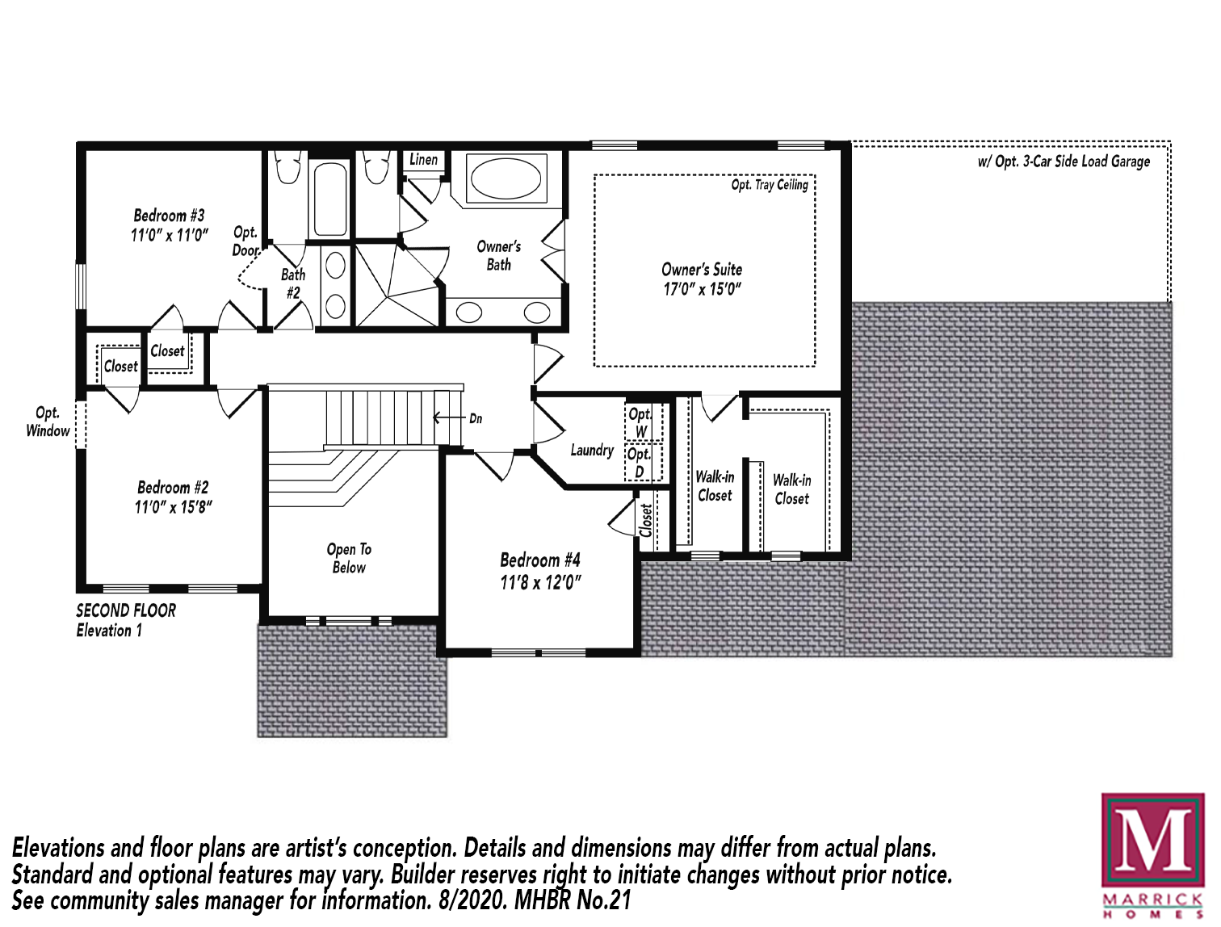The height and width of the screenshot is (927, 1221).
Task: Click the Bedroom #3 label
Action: click(169, 216)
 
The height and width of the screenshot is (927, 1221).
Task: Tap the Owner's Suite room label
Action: click(702, 270)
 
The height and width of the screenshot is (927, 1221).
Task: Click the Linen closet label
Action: click(423, 160)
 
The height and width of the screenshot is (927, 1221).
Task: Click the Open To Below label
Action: click(349, 558)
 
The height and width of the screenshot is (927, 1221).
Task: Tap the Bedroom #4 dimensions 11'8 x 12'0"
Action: click(540, 583)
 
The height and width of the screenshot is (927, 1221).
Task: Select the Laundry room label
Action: click(592, 450)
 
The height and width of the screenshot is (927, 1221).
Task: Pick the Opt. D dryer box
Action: click(644, 462)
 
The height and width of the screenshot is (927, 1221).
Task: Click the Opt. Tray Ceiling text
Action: click(770, 185)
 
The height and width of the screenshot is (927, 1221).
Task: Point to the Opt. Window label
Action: click(48, 422)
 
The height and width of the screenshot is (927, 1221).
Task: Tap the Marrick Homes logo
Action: click(1153, 855)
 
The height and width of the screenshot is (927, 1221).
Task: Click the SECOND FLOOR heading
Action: click(126, 610)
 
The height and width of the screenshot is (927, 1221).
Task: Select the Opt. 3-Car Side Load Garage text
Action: click(1064, 161)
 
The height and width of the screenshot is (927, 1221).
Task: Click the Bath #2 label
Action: click(293, 283)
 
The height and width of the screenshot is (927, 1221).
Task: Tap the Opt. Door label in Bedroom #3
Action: click(245, 241)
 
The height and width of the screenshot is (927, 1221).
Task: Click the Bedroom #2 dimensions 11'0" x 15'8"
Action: click(173, 507)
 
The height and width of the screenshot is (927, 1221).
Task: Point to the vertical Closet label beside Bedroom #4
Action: click(646, 521)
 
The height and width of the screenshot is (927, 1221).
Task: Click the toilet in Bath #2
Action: click(287, 167)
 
